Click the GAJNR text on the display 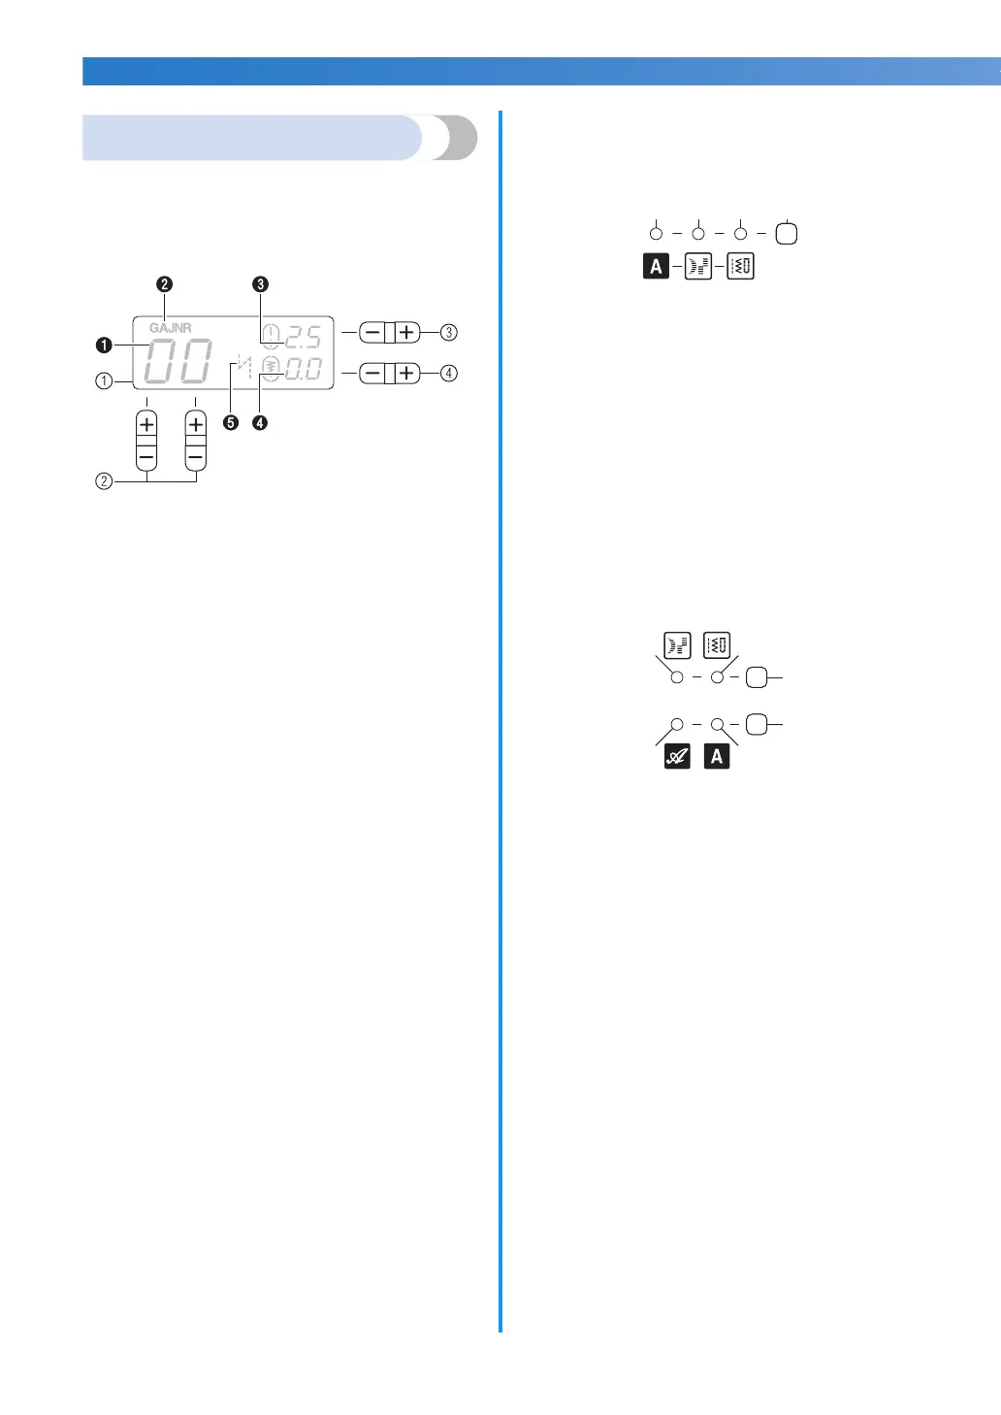coord(170,328)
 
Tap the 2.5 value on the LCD coord(304,338)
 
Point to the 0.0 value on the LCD coord(304,369)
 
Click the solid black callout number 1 coord(104,346)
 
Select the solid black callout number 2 coord(165,284)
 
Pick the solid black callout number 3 coord(260,284)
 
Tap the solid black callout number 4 coord(260,422)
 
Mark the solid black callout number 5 coord(231,422)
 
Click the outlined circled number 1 coord(104,381)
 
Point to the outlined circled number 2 coord(104,480)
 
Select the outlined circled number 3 coord(448,332)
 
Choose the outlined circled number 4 coord(448,373)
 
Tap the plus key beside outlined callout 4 coord(407,373)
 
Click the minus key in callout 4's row coord(372,373)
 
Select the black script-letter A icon coord(677,757)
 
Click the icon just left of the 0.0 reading coord(272,369)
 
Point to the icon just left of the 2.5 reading coord(272,336)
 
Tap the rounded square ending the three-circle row coord(787,234)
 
